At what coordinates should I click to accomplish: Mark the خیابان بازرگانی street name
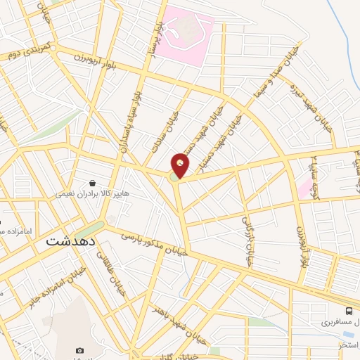point(247,240)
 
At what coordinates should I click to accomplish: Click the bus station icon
point(349,311)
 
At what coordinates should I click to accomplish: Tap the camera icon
point(79,350)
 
